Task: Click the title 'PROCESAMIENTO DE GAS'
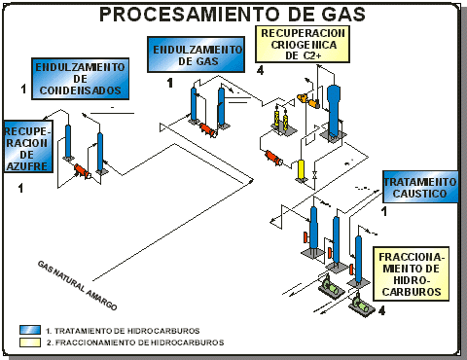pos(233,15)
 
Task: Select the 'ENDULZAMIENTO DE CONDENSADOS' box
pos(80,79)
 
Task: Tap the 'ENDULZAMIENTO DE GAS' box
pos(196,54)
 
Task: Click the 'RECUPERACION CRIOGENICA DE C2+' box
pos(303,44)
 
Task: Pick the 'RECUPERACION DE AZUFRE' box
pos(28,146)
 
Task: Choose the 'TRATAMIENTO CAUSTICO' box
pos(420,187)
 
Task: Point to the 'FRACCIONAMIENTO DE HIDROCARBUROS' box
pos(412,274)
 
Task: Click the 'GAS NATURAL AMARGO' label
pos(77,285)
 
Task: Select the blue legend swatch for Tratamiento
pos(30,330)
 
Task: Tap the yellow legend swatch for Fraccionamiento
pos(30,342)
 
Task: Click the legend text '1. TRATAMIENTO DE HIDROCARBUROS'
pos(123,331)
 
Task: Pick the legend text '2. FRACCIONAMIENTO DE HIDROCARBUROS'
pos(135,342)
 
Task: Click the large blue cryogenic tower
pos(333,111)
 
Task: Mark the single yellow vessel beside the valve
pos(302,169)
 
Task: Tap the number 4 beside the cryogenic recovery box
pos(260,70)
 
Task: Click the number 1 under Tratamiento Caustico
pos(384,211)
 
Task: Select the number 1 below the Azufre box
pos(21,188)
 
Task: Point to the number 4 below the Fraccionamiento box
pos(381,310)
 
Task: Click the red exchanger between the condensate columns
pos(83,171)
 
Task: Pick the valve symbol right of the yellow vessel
pos(314,174)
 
